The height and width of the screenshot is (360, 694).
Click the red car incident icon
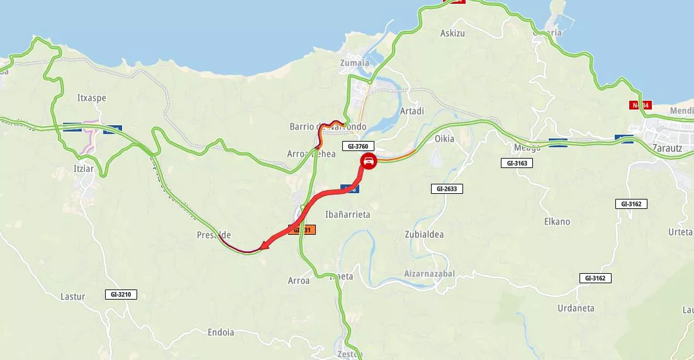[369, 162]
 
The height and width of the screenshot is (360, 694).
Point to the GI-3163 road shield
[517, 163]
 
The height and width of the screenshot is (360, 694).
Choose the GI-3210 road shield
[120, 294]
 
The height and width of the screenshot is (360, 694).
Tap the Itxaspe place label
[91, 98]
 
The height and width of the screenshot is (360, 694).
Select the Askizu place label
[452, 33]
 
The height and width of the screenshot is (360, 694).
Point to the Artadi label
[412, 111]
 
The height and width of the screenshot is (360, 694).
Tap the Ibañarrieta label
[347, 215]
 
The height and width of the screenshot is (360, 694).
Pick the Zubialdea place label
[424, 235]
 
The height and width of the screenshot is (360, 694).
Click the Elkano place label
[557, 222]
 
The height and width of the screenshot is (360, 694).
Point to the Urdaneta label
[576, 308]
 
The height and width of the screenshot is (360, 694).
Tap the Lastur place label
[73, 296]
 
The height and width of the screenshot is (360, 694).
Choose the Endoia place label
[220, 332]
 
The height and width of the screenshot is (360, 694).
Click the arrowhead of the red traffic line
[264, 245]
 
